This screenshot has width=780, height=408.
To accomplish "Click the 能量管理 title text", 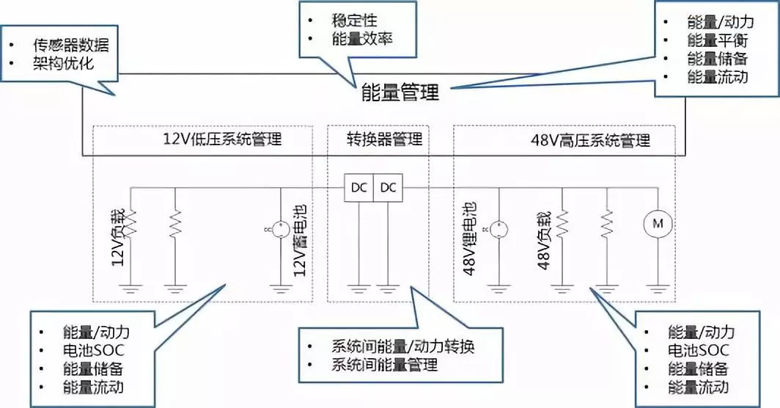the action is [x=400, y=92].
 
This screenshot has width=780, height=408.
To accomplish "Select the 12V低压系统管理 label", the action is [x=222, y=139].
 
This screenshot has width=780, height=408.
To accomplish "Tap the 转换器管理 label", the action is [x=385, y=139].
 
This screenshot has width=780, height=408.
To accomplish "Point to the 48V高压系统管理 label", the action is [x=590, y=140].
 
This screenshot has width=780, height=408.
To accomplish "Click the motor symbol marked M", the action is [x=658, y=224].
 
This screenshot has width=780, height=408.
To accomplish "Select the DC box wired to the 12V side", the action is [x=358, y=188].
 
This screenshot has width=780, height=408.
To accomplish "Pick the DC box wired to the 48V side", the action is [x=388, y=188].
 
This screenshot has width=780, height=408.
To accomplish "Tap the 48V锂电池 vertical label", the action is [x=470, y=238].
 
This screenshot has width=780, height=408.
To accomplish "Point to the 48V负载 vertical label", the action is [x=544, y=241].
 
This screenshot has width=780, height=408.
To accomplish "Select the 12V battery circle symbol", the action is [x=281, y=229].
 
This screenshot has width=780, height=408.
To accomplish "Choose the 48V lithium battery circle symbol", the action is [x=499, y=230].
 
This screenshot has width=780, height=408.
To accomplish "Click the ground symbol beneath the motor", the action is [x=658, y=288].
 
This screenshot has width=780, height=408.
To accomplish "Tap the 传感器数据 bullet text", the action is [x=71, y=45].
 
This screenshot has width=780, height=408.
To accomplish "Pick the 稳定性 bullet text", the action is [x=355, y=21].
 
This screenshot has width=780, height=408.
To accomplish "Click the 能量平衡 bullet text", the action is [x=718, y=40].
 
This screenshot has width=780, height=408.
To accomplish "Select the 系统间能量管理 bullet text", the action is [x=385, y=365].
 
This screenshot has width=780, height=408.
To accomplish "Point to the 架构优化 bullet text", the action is [x=64, y=64].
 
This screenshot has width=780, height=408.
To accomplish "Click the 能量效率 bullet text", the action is [x=363, y=39].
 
